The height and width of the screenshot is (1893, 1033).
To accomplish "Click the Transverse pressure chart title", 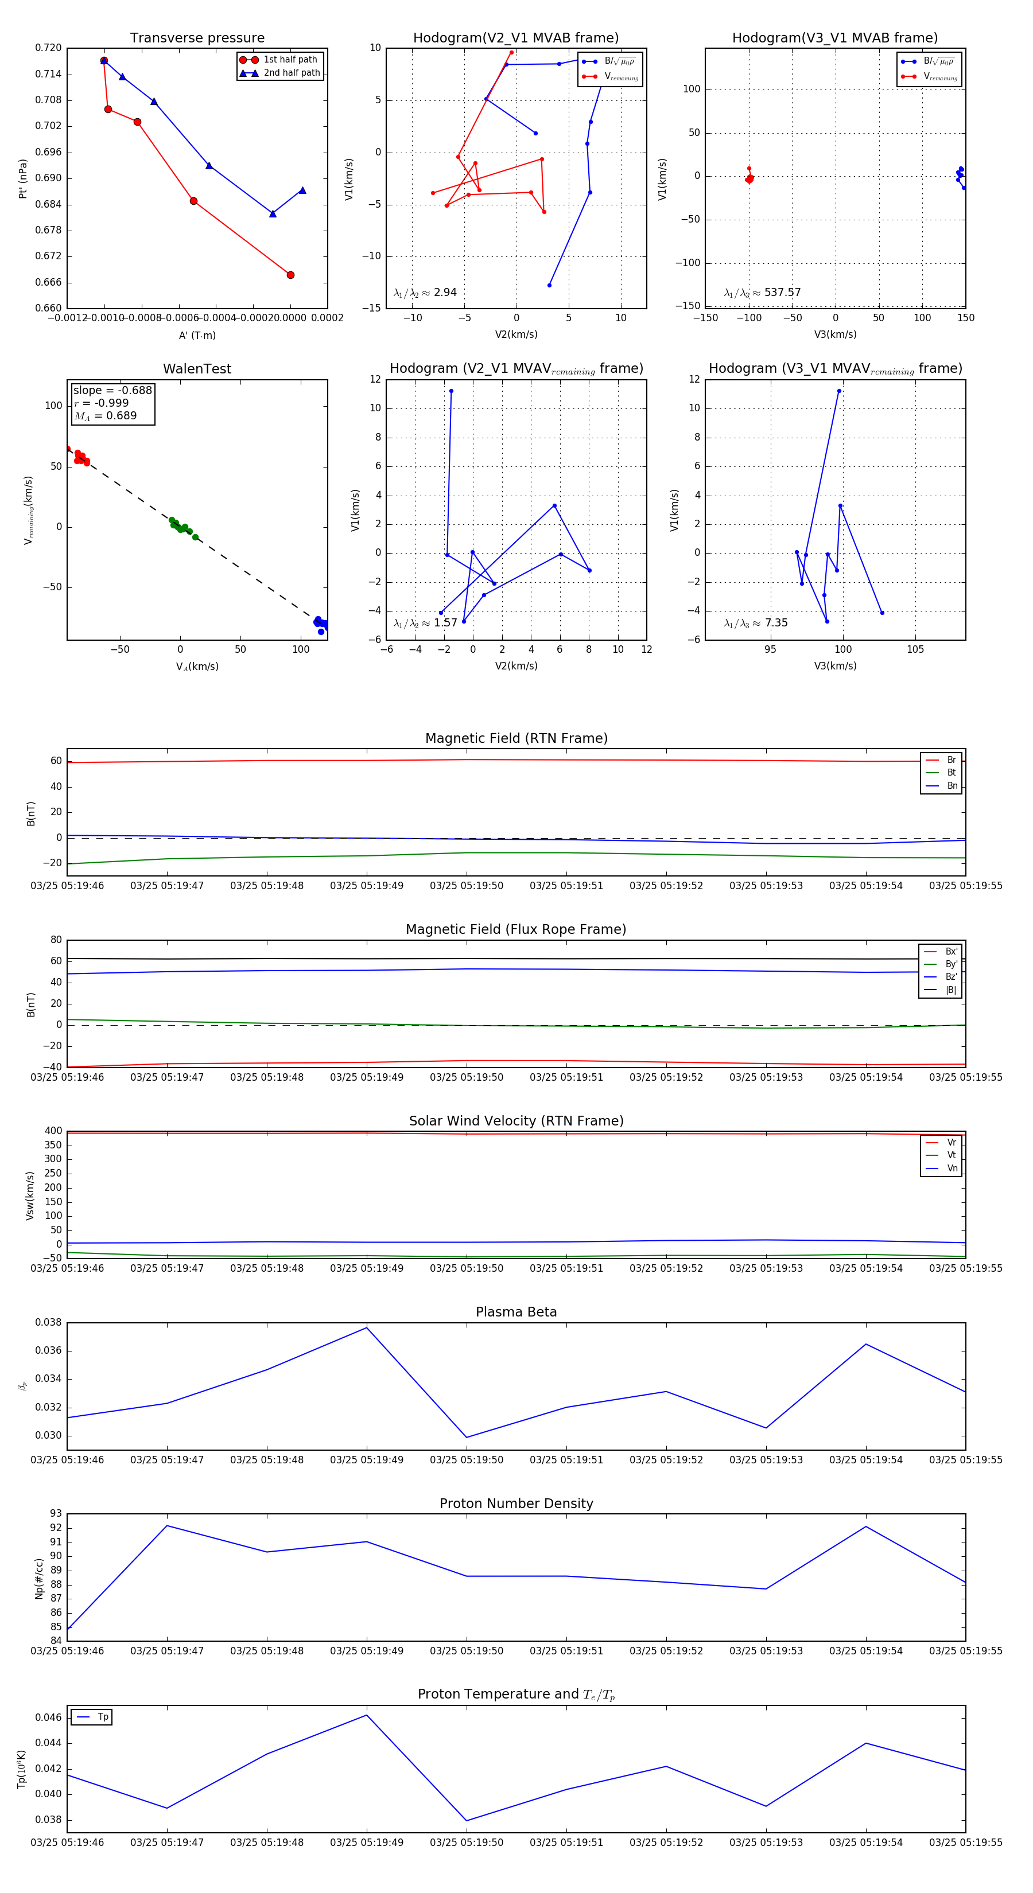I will [197, 38].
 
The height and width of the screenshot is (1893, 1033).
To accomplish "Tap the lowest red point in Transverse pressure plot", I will [290, 275].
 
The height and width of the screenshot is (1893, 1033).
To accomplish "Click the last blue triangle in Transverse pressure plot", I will [302, 190].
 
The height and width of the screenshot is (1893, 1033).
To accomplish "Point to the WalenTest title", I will [197, 369].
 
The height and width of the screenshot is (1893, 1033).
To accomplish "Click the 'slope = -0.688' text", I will [112, 390].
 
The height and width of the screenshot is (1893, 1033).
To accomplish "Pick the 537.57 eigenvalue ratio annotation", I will [763, 293].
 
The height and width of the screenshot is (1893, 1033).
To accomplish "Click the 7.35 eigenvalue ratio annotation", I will [756, 623].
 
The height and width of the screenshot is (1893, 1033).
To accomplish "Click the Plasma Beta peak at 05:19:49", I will [367, 1327].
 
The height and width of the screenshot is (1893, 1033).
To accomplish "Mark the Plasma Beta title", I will [516, 1312].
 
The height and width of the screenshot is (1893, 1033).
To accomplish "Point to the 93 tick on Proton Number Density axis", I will [56, 1513].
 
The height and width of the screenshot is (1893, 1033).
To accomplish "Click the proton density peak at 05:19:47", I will [167, 1525].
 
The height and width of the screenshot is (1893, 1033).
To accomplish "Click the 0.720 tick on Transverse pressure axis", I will [49, 48].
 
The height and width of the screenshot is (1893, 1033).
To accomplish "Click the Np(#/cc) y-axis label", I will [39, 1579].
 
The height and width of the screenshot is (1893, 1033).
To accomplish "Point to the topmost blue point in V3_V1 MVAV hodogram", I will [839, 391].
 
